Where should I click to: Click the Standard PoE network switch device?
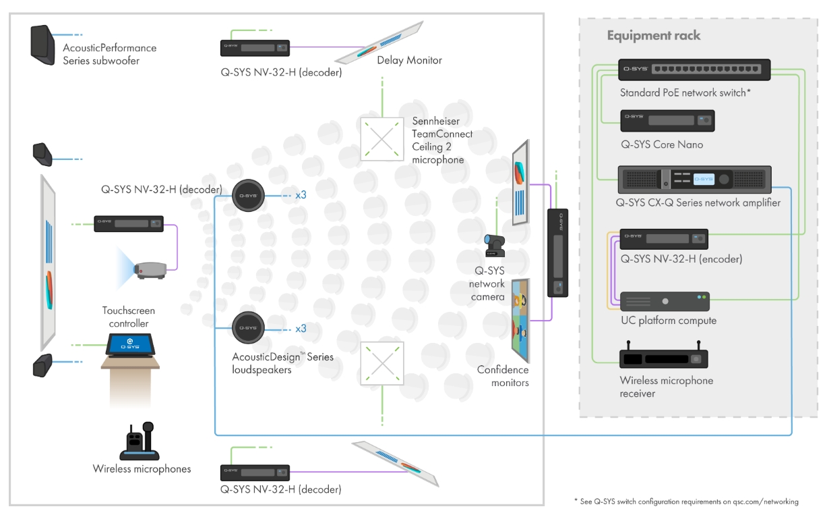click(x=694, y=70)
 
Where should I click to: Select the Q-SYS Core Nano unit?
click(x=667, y=121)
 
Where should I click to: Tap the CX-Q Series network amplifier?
click(x=694, y=180)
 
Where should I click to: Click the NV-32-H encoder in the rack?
click(x=664, y=239)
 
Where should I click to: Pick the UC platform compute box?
click(x=665, y=301)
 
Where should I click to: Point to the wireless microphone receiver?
click(x=663, y=355)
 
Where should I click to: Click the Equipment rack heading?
click(x=654, y=36)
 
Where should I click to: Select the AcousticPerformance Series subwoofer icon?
click(x=42, y=45)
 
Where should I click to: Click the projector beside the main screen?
click(x=150, y=270)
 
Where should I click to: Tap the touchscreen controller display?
click(x=130, y=345)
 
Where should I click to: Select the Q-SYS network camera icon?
click(x=494, y=245)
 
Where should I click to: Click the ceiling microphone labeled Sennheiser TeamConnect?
click(x=381, y=138)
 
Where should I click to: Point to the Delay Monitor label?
click(x=409, y=60)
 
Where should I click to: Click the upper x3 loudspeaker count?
click(x=301, y=195)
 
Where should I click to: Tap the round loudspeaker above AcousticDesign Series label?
click(x=248, y=327)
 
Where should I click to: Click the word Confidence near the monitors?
click(x=503, y=369)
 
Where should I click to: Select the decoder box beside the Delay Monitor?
click(x=255, y=48)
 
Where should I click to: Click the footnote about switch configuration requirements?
click(x=686, y=502)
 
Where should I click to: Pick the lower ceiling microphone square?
click(x=381, y=363)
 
